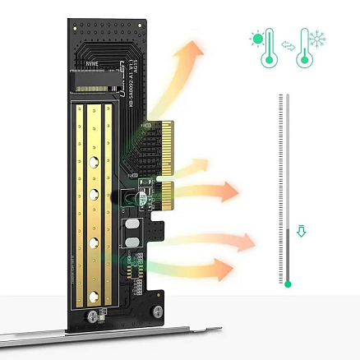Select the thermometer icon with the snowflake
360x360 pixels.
pyautogui.click(x=314, y=48)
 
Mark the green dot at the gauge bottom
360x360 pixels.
pyautogui.click(x=287, y=284)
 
